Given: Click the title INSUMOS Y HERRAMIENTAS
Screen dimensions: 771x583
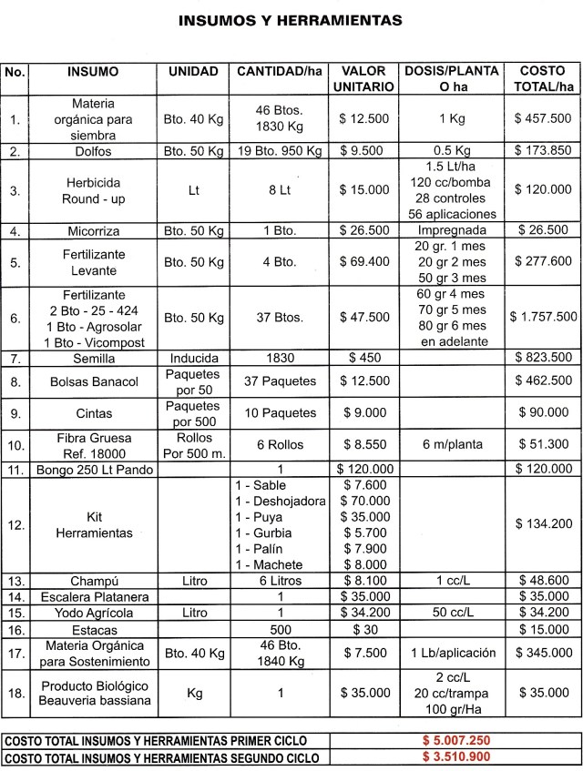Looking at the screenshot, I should [x=291, y=19].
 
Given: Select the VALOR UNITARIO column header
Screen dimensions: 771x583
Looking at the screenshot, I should [x=368, y=79].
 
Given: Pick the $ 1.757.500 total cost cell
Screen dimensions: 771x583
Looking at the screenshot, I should [x=543, y=317].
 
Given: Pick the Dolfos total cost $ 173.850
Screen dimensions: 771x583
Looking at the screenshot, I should [x=543, y=150].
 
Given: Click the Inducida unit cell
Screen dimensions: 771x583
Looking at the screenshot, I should [x=193, y=358].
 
